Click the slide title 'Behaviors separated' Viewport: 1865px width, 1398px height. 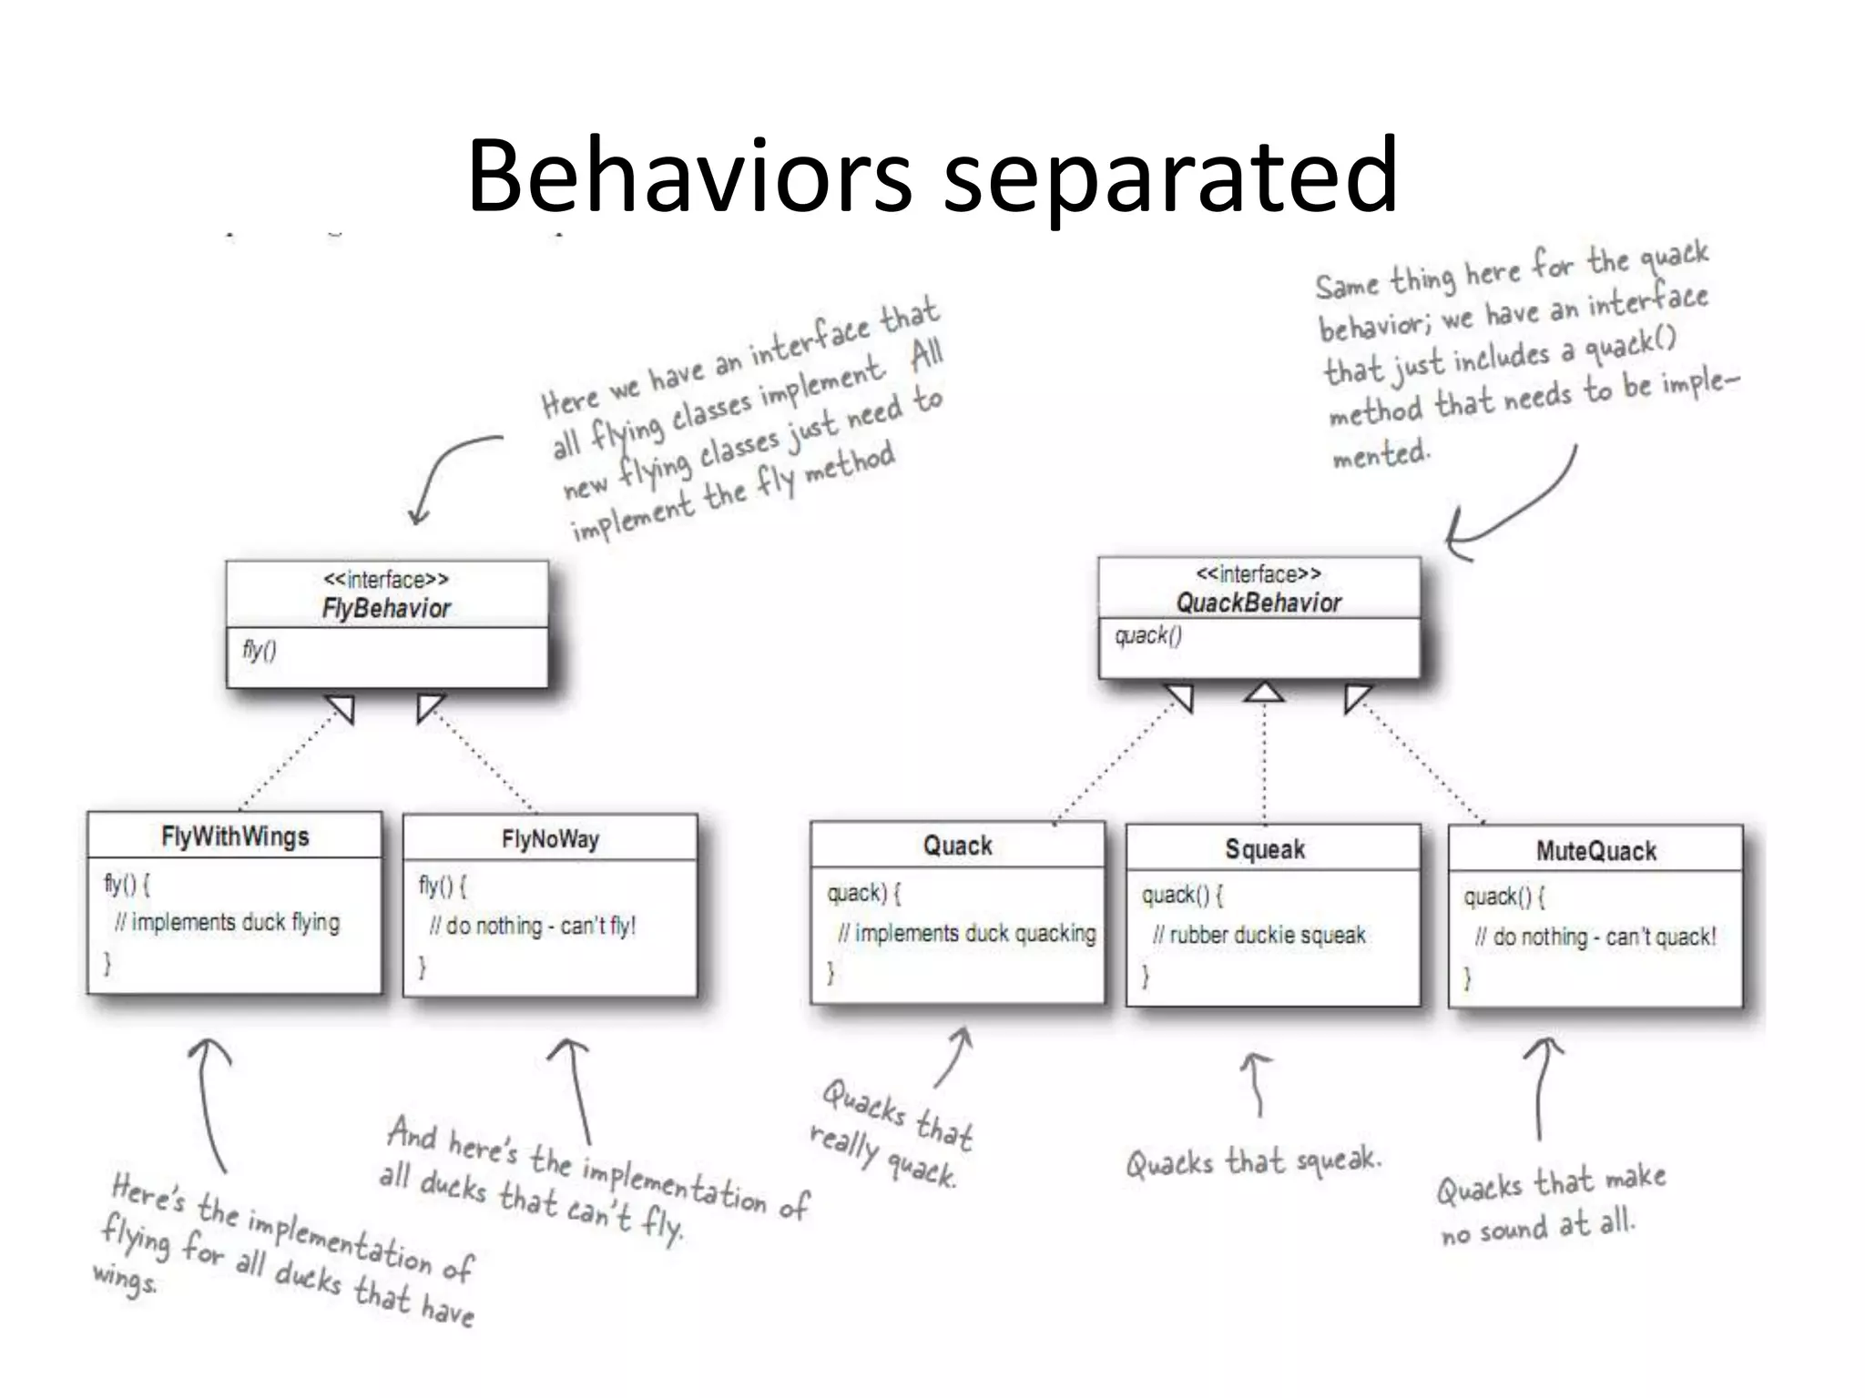coord(932,175)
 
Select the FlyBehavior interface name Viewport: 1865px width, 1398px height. coord(386,609)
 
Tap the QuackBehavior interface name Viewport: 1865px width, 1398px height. coord(1259,603)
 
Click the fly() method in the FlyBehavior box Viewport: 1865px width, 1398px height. coord(260,650)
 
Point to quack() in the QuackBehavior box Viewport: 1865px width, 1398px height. coord(1148,635)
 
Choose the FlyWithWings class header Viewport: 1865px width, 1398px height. coord(235,836)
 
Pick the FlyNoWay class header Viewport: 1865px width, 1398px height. coord(550,839)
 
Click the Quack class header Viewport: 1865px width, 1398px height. coord(957,846)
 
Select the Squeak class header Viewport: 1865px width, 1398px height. coord(1265,849)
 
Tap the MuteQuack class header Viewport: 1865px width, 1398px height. coord(1595,851)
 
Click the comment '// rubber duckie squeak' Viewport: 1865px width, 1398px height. coord(1259,936)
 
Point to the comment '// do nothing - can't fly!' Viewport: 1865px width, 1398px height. coord(533,927)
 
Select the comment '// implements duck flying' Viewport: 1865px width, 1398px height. coord(228,923)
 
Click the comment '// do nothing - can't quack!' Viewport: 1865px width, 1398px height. coord(1595,937)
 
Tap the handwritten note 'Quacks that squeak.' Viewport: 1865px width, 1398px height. coord(1253,1161)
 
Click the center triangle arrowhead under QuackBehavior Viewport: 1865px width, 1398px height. coord(1264,694)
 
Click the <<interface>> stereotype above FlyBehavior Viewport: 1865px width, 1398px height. coord(386,580)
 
